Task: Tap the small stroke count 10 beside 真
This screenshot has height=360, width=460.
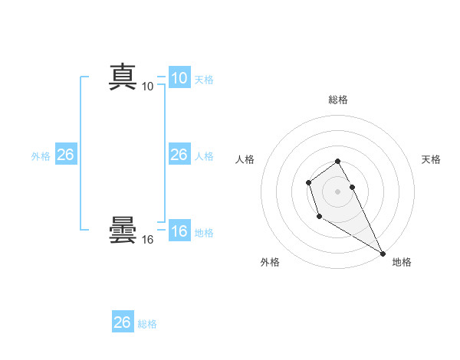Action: point(148,87)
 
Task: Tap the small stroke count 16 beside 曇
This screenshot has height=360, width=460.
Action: point(148,240)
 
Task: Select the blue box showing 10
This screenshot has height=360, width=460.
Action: point(179,78)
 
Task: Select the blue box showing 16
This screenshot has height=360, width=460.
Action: point(179,231)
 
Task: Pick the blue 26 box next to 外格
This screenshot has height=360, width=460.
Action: point(65,155)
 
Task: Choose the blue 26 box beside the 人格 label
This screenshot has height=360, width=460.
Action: point(179,155)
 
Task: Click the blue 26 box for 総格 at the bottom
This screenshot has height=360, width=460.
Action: point(122,322)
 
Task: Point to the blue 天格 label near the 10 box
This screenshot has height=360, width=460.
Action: point(204,79)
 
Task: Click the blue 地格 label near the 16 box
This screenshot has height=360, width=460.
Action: point(204,233)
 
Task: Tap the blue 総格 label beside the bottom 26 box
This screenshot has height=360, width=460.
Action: point(147,324)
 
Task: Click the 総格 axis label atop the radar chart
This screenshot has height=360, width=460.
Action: point(337,100)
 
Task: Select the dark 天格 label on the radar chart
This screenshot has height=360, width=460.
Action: point(431,159)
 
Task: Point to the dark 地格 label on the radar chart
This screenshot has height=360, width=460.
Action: point(402,262)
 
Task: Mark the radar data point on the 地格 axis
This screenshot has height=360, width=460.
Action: point(383,254)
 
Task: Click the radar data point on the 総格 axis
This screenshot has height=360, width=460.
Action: point(337,161)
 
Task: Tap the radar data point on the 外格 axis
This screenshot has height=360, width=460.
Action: point(319,217)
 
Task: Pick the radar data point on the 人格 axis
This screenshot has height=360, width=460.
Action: point(308,182)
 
